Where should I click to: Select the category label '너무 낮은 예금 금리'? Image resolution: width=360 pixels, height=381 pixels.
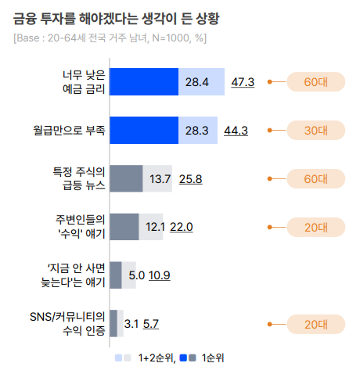[84, 81]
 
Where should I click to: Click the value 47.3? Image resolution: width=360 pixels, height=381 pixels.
[243, 81]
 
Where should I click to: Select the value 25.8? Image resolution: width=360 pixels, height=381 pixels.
[190, 179]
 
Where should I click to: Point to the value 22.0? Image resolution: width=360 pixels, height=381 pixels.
[181, 227]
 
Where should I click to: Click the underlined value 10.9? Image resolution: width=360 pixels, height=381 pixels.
[160, 275]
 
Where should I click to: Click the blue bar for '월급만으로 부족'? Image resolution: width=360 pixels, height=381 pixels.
[144, 130]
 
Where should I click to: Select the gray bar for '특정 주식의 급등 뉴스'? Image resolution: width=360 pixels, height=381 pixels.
[126, 178]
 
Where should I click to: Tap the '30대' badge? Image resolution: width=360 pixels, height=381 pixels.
[315, 130]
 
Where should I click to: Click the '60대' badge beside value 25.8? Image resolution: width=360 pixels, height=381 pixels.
[315, 178]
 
